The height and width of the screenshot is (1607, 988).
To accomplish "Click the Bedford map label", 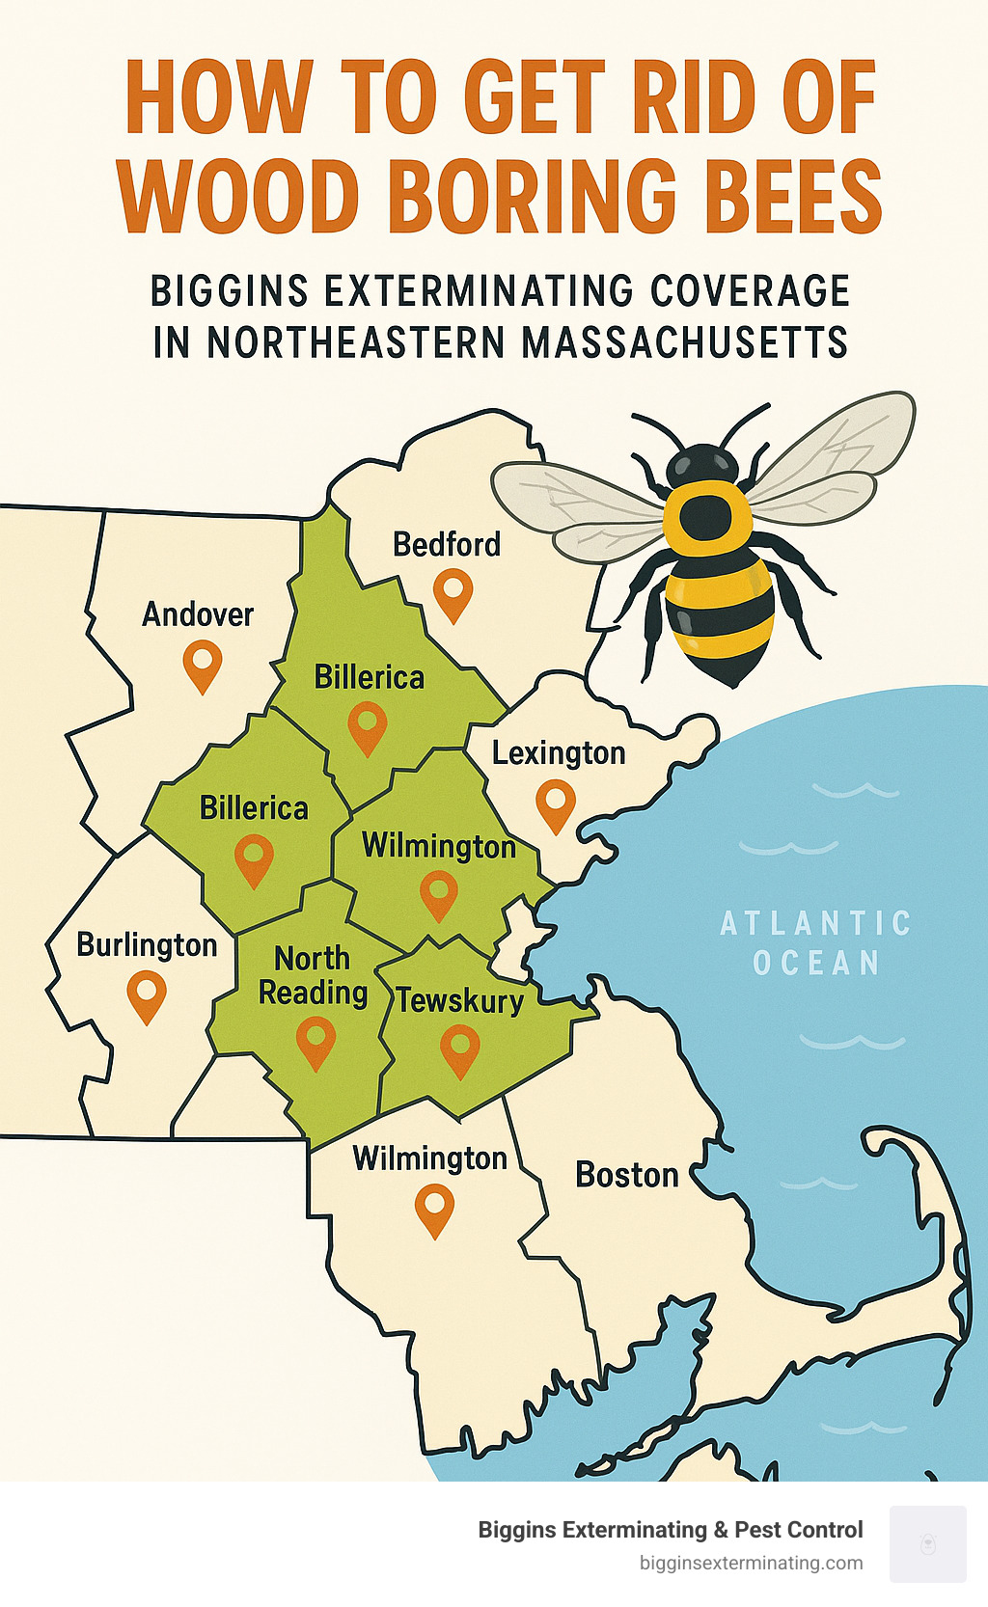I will tap(447, 545).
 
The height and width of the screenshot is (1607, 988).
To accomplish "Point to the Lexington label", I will tap(559, 753).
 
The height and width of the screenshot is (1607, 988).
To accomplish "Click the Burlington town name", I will tap(147, 945).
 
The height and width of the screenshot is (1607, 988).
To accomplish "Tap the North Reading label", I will tap(313, 975).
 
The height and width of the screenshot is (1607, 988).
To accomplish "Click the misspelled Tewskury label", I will tap(460, 1001).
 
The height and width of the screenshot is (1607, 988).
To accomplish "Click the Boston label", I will tap(627, 1175).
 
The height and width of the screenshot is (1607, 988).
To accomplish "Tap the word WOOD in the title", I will tap(239, 197).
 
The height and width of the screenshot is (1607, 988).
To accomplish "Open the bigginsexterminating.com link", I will tap(751, 1564).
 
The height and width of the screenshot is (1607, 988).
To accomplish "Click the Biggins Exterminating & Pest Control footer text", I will tap(670, 1530).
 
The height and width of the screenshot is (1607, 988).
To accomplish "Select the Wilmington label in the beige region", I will tap(429, 1158).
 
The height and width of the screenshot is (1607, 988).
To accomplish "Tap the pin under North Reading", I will tap(316, 1041).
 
